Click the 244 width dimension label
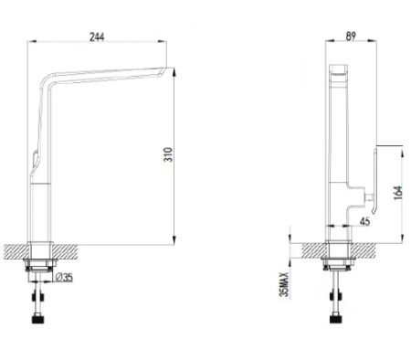tap(97, 37)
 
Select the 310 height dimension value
tap(168, 154)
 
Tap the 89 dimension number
tap(351, 37)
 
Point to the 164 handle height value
tap(398, 193)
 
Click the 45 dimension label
tap(364, 221)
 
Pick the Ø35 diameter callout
tap(64, 277)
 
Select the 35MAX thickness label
tap(283, 284)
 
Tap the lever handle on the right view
tap(374, 181)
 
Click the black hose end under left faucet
tap(37, 319)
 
